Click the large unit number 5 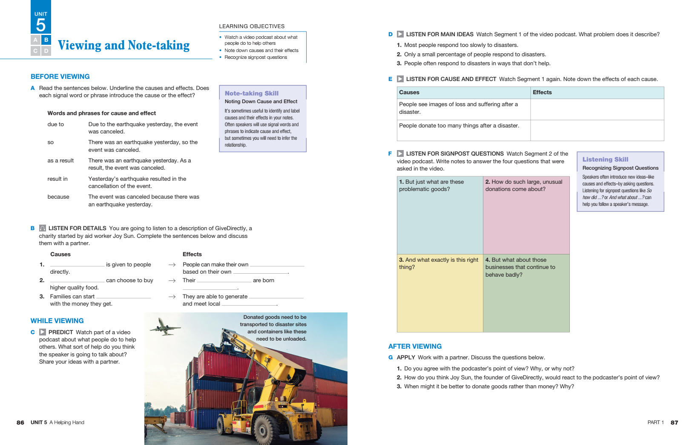tap(41, 25)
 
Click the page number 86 tap(20, 422)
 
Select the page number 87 tap(674, 422)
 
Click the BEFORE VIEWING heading tap(60, 77)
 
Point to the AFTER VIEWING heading tap(415, 347)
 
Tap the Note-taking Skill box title tap(252, 93)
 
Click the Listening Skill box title tap(605, 159)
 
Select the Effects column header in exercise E tap(542, 92)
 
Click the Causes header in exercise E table tap(409, 92)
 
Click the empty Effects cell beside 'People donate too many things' tap(597, 130)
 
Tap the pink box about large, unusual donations tap(526, 215)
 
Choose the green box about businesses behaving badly tap(526, 293)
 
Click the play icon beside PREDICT tap(43, 332)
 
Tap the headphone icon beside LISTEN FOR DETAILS tap(43, 228)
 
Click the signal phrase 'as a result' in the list tap(60, 161)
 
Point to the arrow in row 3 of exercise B tap(172, 297)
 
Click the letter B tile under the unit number tap(46, 40)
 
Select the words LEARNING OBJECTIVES tap(252, 26)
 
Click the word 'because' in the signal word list tap(58, 197)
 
